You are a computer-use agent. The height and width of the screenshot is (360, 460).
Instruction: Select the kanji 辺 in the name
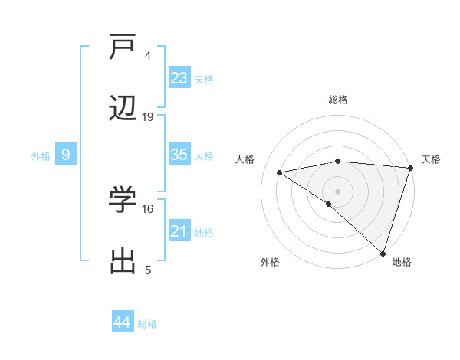tap(123, 110)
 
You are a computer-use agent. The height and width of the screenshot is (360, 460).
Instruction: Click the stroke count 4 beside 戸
tap(148, 55)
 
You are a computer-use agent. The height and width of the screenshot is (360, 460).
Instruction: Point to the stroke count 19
tap(148, 117)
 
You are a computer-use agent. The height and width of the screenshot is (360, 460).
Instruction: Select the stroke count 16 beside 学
tap(148, 208)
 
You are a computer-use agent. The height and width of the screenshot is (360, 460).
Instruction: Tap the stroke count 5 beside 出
tap(148, 270)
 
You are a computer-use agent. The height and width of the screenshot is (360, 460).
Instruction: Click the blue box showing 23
tap(179, 78)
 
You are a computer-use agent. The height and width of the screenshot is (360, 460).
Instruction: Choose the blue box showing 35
tap(179, 155)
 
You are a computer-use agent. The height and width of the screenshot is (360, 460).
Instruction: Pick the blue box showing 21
tap(179, 231)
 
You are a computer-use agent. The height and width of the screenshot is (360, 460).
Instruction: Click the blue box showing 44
tap(123, 322)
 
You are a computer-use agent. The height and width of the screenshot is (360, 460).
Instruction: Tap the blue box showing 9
tap(66, 155)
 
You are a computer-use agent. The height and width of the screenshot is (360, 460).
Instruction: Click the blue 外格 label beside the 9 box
tap(41, 156)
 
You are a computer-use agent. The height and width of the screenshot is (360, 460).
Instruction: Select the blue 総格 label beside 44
tap(147, 324)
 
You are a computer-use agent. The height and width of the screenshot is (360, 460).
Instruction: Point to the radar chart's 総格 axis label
tap(338, 100)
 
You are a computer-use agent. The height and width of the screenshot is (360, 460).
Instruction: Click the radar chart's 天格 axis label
tap(431, 159)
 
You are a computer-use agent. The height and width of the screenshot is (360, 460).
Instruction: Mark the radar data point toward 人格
tap(280, 172)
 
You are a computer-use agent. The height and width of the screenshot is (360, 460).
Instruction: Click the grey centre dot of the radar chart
tap(337, 190)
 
